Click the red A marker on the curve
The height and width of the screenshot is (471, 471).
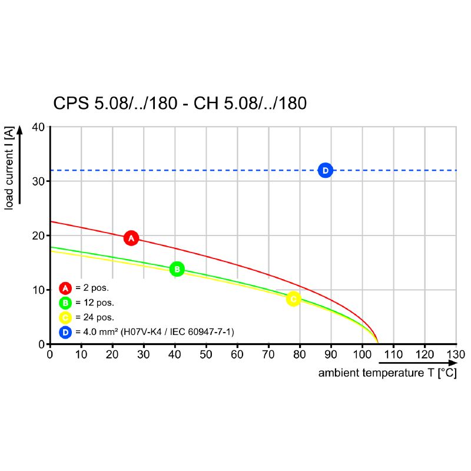(131, 238)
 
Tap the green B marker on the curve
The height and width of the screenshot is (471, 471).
(177, 269)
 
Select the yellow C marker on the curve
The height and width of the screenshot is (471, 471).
(293, 299)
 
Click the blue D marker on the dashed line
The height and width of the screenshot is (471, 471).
(325, 170)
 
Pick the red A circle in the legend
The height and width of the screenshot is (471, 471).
(65, 288)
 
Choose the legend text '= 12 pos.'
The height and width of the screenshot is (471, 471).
(95, 303)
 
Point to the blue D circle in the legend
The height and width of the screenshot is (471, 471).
(65, 333)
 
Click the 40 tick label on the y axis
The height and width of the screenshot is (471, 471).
(38, 127)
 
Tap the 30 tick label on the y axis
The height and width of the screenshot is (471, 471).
(38, 181)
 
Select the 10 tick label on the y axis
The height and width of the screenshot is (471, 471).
(38, 290)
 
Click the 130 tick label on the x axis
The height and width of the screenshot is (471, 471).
(456, 354)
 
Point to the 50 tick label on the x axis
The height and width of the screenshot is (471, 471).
(205, 354)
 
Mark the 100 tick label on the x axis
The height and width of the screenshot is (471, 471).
(361, 354)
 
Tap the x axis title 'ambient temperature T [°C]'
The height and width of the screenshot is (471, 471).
(387, 373)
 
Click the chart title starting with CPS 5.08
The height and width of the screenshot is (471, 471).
(180, 104)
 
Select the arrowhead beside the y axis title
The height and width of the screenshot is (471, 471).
(19, 130)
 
